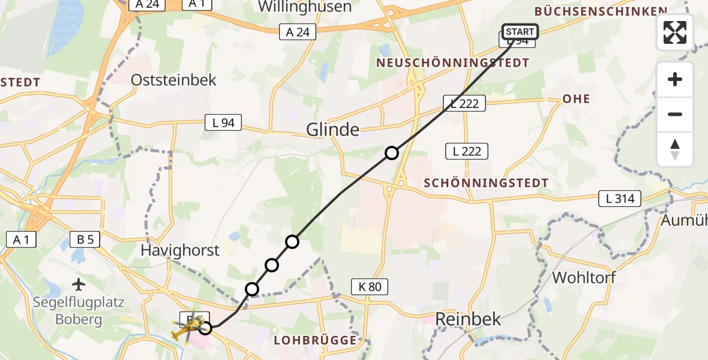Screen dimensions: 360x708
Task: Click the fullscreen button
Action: [x=675, y=32]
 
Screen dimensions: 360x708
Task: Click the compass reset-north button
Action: [x=675, y=149]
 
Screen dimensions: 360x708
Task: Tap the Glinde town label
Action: [x=333, y=129]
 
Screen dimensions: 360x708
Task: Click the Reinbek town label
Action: [x=468, y=319]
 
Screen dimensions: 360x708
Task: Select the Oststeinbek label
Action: [x=173, y=80]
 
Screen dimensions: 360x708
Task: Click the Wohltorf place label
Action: [x=584, y=278]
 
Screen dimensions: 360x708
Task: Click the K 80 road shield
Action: [x=370, y=287]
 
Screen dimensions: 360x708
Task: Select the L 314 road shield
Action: [x=620, y=199]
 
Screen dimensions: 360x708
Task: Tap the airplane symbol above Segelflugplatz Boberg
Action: [x=79, y=283]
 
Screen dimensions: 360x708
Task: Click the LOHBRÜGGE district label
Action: [x=315, y=340]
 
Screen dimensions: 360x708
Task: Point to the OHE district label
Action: [x=576, y=99]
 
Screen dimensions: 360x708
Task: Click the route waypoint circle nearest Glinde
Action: [x=391, y=153]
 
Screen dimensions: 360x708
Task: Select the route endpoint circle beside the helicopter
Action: [x=206, y=328]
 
